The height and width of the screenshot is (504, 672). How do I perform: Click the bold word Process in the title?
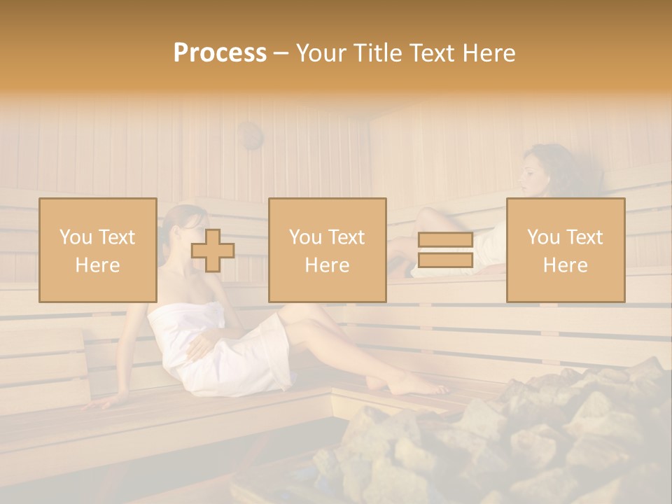(x=220, y=53)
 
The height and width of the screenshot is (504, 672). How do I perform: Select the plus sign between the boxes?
(x=213, y=251)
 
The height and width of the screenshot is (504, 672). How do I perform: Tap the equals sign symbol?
(x=445, y=251)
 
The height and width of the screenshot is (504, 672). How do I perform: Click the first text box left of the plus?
(x=97, y=250)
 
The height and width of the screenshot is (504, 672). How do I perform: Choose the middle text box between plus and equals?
(x=327, y=250)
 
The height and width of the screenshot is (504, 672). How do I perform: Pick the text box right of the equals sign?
(x=566, y=250)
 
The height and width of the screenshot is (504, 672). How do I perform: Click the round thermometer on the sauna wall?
(x=249, y=134)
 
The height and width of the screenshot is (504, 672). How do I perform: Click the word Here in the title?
(x=488, y=53)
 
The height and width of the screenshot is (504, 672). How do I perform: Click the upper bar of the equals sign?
(x=445, y=240)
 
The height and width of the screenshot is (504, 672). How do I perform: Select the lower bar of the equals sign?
(x=445, y=260)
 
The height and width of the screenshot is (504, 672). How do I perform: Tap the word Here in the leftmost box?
(x=97, y=265)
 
